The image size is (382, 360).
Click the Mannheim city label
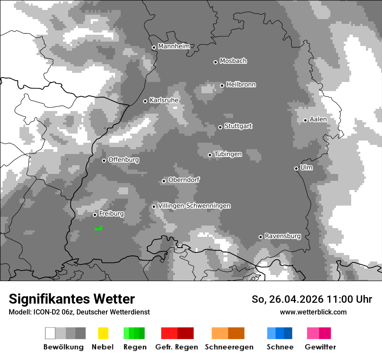[174, 46]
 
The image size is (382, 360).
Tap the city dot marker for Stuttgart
[221, 127]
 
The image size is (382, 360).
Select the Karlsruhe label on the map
[164, 100]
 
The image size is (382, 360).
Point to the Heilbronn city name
[241, 85]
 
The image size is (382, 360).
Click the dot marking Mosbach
[215, 62]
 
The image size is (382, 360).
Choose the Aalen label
[318, 119]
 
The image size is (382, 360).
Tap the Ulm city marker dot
[296, 168]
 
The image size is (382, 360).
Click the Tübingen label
[228, 154]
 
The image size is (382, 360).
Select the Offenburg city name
[124, 160]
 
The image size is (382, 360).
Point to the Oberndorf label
[184, 180]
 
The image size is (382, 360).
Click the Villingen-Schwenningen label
[194, 206]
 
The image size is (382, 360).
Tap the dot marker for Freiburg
[95, 215]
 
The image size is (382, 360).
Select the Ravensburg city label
[283, 236]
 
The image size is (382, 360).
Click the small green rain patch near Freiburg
[99, 228]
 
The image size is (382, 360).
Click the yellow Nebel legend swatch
[103, 333]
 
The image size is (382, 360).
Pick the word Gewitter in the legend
[320, 347]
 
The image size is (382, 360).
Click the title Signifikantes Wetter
[72, 299]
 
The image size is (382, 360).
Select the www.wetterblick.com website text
[313, 312]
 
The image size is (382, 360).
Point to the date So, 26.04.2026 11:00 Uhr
[312, 299]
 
